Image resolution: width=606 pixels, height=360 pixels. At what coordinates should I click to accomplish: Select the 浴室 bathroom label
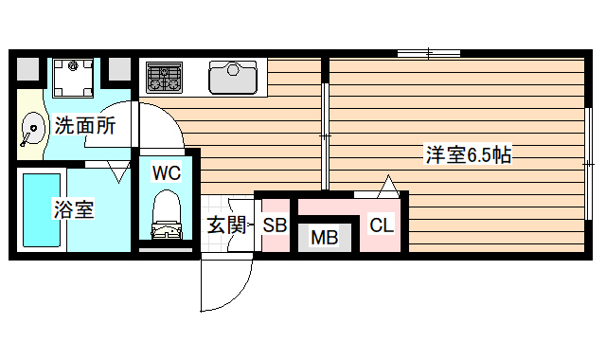tap(72, 209)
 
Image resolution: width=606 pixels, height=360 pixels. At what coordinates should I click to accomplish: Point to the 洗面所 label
tap(84, 125)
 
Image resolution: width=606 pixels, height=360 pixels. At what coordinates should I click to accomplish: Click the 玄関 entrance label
tap(226, 225)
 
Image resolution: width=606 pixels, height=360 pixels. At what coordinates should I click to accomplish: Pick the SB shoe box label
tap(275, 225)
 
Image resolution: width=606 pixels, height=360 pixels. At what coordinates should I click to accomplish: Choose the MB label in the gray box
tap(325, 237)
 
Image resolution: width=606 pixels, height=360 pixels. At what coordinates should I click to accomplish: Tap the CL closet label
tap(382, 225)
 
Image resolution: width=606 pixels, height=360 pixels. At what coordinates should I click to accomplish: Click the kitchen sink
tap(233, 77)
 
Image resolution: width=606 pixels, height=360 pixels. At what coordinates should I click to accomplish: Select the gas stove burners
tap(165, 77)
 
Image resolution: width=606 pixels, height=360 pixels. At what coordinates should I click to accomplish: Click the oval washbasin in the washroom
tap(31, 128)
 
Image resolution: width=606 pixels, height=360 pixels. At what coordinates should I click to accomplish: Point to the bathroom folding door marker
tap(118, 172)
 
